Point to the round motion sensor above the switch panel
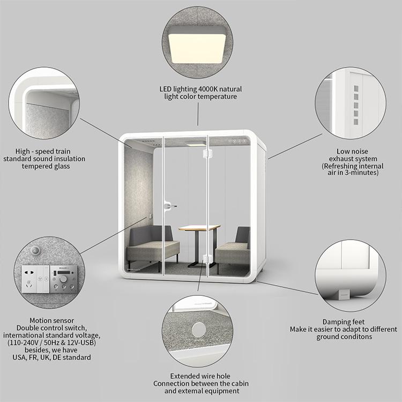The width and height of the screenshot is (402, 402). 35,250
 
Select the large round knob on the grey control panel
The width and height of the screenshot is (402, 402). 63,279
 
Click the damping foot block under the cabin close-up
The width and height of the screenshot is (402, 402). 344,294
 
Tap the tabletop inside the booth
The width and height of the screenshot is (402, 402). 199,227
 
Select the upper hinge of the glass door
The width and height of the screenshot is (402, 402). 207,153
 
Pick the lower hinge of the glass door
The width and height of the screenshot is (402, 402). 207,258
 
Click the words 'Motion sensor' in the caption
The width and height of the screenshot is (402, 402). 51,321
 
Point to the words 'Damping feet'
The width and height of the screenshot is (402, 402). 343,322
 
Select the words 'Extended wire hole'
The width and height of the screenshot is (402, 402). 200,376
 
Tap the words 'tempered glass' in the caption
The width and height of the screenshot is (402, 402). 46,166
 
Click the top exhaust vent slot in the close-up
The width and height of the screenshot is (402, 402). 356,88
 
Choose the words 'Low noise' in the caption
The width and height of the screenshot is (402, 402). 352,151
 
